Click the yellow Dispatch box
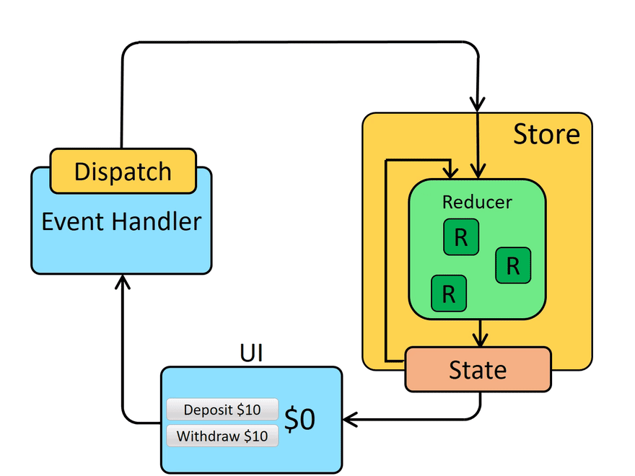pyautogui.click(x=123, y=171)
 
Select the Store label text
pyautogui.click(x=546, y=134)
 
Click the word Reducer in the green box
pyautogui.click(x=477, y=202)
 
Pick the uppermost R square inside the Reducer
pyautogui.click(x=461, y=238)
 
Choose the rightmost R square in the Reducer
pyautogui.click(x=513, y=265)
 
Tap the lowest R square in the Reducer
pyautogui.click(x=448, y=294)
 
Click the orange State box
pyautogui.click(x=478, y=370)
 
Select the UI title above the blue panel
pyautogui.click(x=251, y=353)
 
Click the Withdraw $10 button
pyautogui.click(x=222, y=436)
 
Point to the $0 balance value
pyautogui.click(x=299, y=420)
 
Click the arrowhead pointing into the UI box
pyautogui.click(x=349, y=418)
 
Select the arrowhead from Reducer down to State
pyautogui.click(x=478, y=340)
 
